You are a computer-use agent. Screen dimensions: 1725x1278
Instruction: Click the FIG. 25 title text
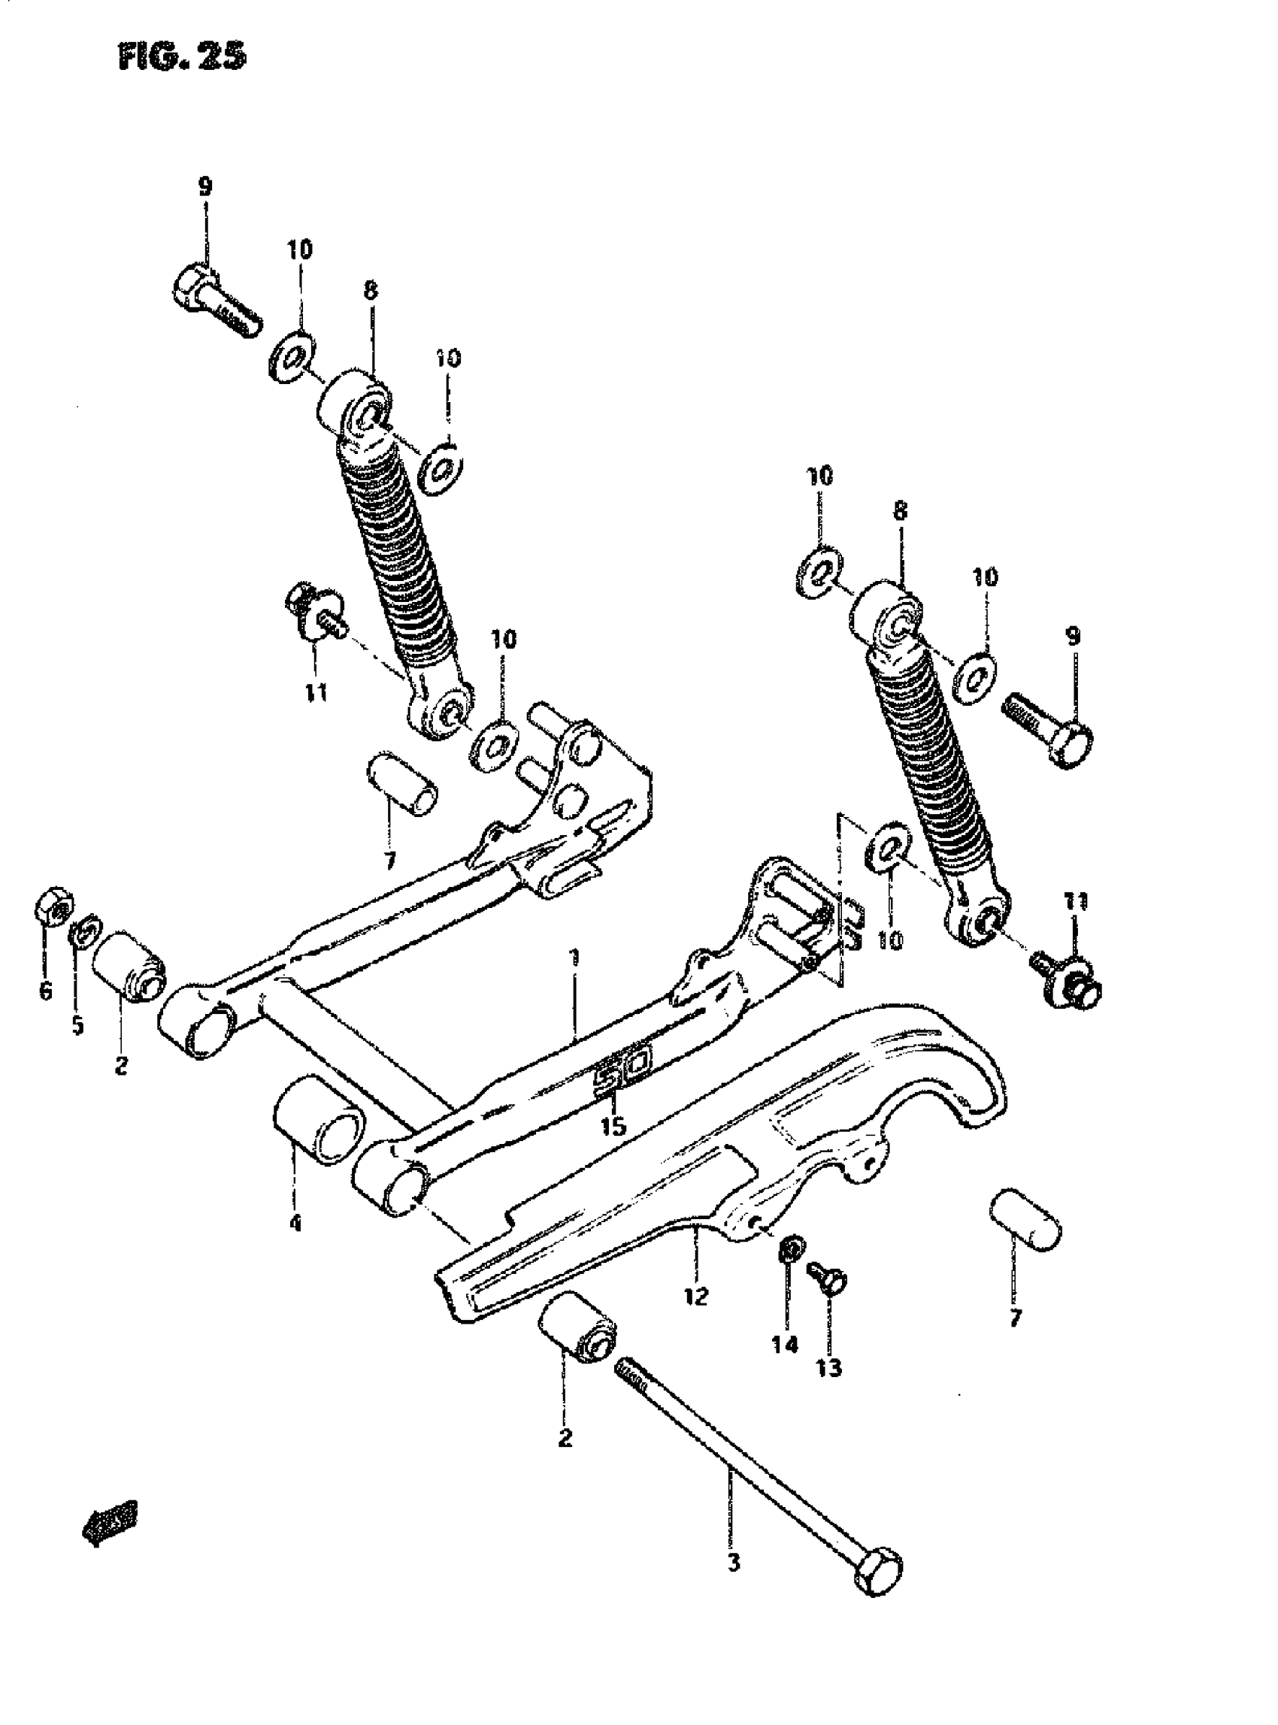coord(183,56)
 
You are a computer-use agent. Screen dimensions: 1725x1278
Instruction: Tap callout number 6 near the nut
coord(45,990)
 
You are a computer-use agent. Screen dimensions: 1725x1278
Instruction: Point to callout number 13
coord(828,1369)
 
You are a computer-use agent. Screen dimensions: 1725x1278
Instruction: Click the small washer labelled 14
coord(791,1247)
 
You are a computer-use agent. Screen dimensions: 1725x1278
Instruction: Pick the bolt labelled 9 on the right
coord(1050,721)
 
